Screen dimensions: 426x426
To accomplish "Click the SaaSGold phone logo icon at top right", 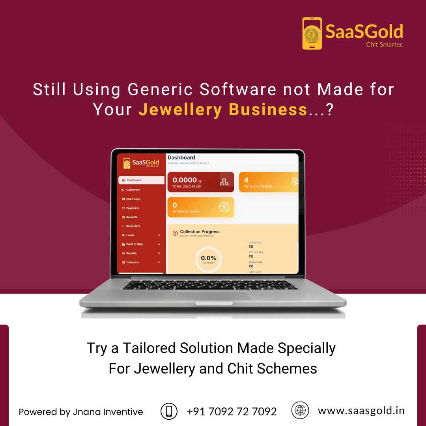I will point(312,33).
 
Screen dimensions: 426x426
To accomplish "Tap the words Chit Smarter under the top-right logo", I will point(385,45).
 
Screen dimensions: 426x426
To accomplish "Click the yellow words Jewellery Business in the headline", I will point(223,110).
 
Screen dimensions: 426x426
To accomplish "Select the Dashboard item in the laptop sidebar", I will point(134,180).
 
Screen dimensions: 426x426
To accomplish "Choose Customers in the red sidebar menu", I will point(133,190).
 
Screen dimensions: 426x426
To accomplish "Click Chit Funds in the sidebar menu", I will point(133,199).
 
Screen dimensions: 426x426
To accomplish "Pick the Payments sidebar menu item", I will point(133,208).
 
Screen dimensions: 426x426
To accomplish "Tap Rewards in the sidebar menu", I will point(132,217).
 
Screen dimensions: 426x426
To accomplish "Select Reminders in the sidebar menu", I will point(133,226).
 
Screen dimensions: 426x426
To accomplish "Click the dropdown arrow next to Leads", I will point(159,235).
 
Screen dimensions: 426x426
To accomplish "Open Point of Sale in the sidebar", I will point(135,244).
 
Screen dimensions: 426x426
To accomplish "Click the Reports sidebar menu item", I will point(131,253).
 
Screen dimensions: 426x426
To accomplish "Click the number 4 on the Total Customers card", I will point(247,180).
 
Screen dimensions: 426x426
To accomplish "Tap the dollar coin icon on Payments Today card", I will point(224,207).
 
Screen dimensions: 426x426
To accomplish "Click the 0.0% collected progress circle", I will point(209,259).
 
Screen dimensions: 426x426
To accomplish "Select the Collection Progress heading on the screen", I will point(200,232).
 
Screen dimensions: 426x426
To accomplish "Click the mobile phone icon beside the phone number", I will point(169,411).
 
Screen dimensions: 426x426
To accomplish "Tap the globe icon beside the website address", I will point(300,410).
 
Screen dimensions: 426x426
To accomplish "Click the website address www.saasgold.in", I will point(361,411).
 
